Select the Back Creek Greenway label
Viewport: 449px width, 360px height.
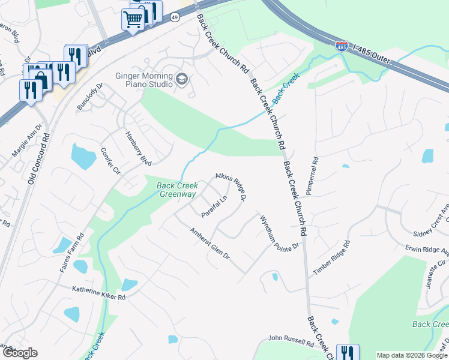[x=177, y=190]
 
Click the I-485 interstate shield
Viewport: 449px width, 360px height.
[x=342, y=46]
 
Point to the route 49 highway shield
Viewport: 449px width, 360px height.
[x=174, y=18]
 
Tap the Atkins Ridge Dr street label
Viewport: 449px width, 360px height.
[x=231, y=187]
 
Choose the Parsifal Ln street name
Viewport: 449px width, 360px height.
[x=215, y=206]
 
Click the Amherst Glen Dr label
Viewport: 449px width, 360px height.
[x=209, y=244]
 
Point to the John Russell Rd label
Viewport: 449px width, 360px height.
[x=291, y=341]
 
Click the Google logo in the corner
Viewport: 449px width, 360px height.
[x=20, y=353]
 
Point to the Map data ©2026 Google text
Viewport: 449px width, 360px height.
[x=412, y=355]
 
